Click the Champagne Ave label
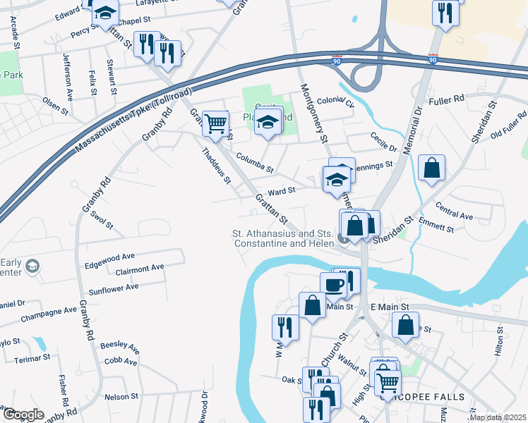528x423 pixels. coord(49,310)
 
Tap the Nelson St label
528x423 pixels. coord(121,397)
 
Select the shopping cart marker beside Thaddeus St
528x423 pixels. coord(215,124)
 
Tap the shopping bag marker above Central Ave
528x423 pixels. coord(431,168)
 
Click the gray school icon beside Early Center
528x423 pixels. coord(32,266)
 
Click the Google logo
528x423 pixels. coord(23,415)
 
